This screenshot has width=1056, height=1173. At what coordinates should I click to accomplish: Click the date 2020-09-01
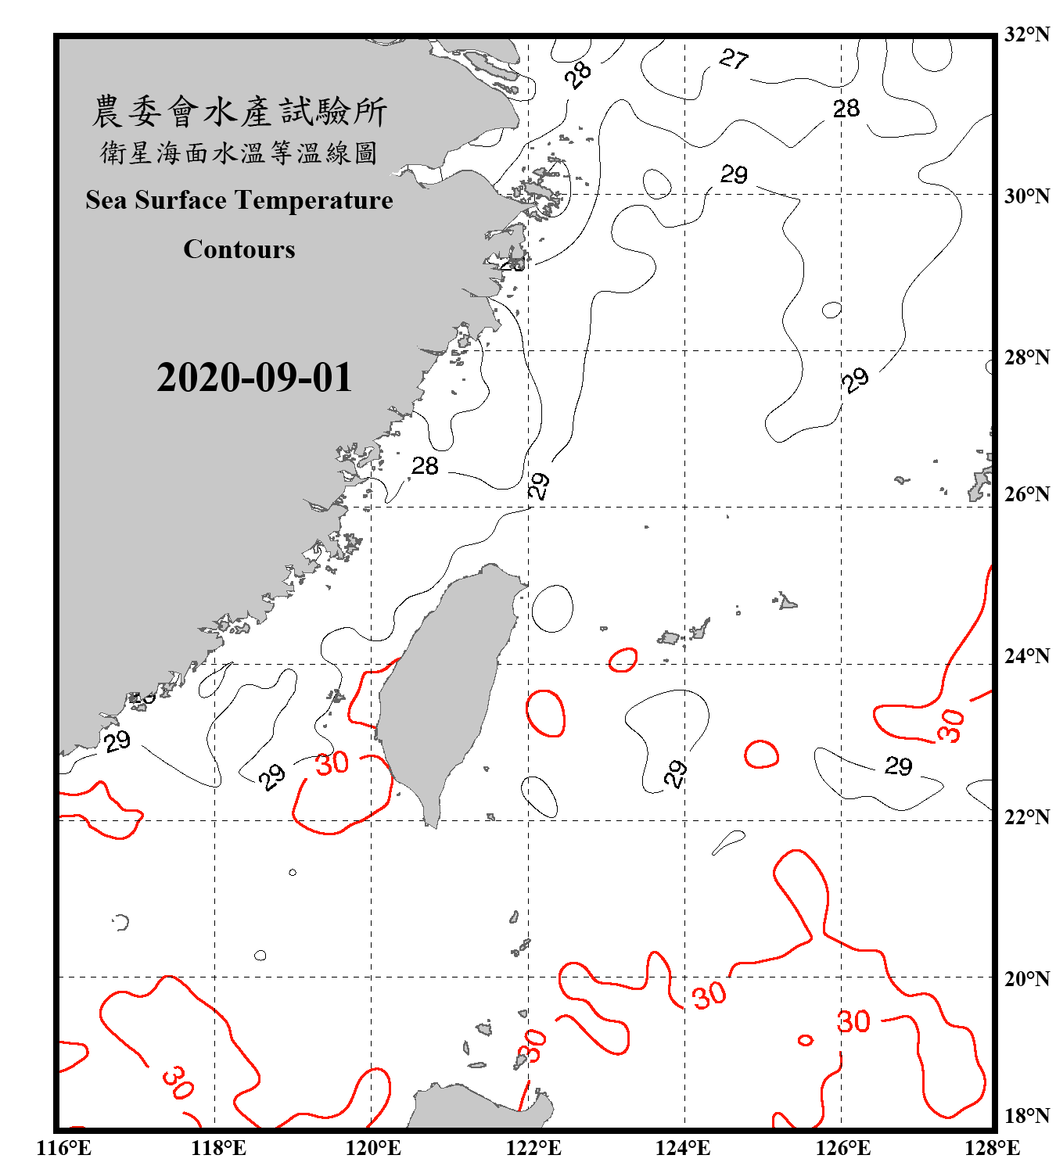pyautogui.click(x=254, y=378)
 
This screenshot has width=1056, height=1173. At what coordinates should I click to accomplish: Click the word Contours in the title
pyautogui.click(x=239, y=249)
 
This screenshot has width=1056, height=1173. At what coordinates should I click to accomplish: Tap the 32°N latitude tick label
pyautogui.click(x=1027, y=34)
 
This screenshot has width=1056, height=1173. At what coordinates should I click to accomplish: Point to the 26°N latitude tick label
pyautogui.click(x=1027, y=494)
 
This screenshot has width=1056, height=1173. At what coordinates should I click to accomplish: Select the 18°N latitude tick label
pyautogui.click(x=1027, y=1116)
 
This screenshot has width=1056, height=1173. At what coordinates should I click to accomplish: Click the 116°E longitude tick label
pyautogui.click(x=63, y=1149)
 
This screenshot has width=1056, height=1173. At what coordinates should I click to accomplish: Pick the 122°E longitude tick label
pyautogui.click(x=533, y=1149)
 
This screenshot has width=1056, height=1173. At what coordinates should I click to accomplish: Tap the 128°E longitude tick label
pyautogui.click(x=992, y=1149)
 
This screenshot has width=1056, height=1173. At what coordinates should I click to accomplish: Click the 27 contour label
pyautogui.click(x=734, y=59)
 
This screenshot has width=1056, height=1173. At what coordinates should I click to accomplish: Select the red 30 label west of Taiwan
pyautogui.click(x=332, y=763)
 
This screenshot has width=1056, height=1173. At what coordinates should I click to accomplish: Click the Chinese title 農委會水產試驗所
pyautogui.click(x=239, y=112)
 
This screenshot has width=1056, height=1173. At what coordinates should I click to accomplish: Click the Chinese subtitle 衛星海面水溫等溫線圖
pyautogui.click(x=239, y=153)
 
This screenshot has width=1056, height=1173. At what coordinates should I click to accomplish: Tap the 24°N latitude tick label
pyautogui.click(x=1027, y=656)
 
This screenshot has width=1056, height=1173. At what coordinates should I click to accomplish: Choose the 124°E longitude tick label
pyautogui.click(x=683, y=1149)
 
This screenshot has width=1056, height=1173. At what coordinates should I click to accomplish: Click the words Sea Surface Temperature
pyautogui.click(x=239, y=201)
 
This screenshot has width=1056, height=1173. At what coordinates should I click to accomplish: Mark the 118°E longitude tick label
pyautogui.click(x=218, y=1149)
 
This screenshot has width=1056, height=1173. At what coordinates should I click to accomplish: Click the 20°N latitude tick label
pyautogui.click(x=1027, y=978)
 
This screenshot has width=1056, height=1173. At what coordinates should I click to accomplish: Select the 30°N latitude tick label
pyautogui.click(x=1027, y=196)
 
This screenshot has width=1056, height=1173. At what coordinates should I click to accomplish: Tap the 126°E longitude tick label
pyautogui.click(x=842, y=1149)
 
